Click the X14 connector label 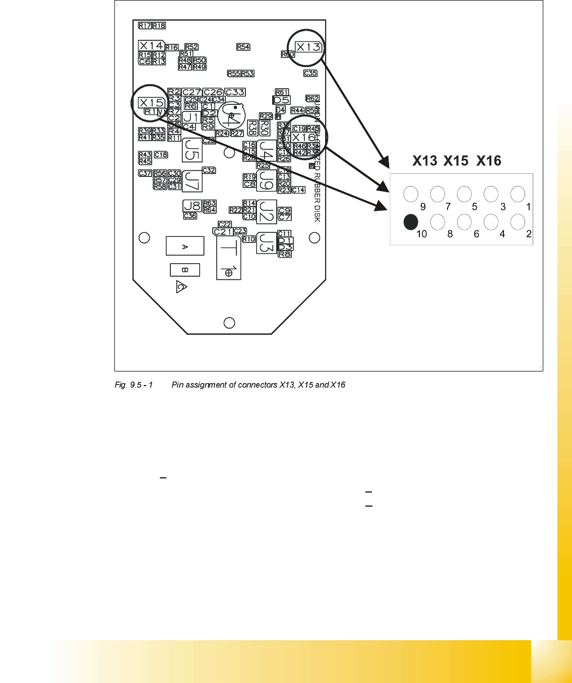[x=151, y=45]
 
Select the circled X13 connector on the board [x=308, y=47]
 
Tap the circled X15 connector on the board [x=151, y=102]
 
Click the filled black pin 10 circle [x=411, y=222]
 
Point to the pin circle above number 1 [x=518, y=194]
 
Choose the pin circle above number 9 [x=411, y=194]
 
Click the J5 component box [x=191, y=150]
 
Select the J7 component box [x=192, y=181]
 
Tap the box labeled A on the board [x=185, y=246]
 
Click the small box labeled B [x=185, y=270]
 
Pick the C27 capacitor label [x=192, y=92]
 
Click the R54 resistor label [x=243, y=46]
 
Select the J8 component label [x=192, y=206]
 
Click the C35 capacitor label [x=310, y=73]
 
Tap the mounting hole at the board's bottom [x=229, y=323]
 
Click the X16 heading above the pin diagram [x=489, y=161]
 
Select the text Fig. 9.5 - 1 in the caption [x=134, y=385]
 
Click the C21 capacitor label [x=223, y=231]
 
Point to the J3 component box [x=267, y=243]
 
